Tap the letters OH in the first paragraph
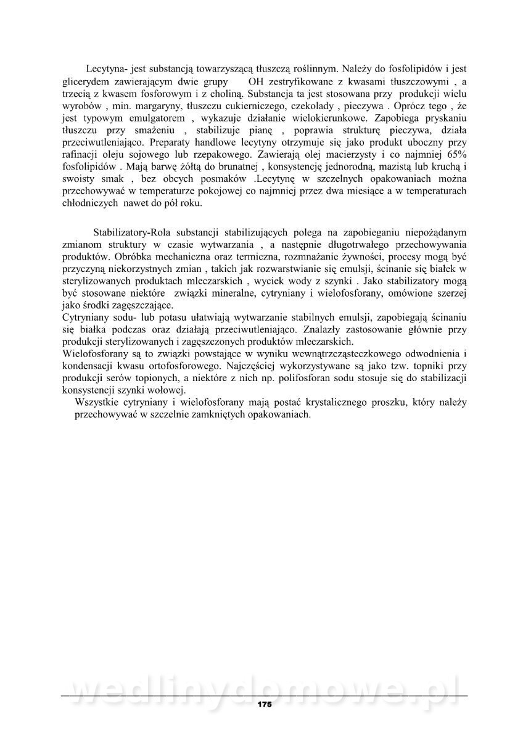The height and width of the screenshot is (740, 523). point(256,81)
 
